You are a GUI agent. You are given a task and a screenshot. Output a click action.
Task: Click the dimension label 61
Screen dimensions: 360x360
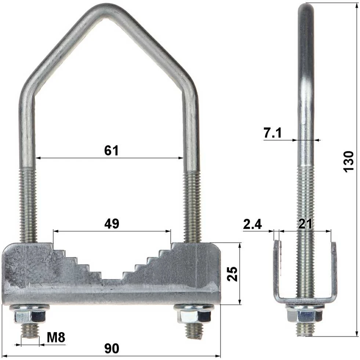click(x=111, y=151)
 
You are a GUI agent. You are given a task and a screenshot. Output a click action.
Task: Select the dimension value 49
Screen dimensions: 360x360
click(x=112, y=224)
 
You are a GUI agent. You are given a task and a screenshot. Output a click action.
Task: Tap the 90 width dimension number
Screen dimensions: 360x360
click(x=112, y=348)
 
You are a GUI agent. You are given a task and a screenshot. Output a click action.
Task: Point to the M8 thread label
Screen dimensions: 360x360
click(x=56, y=337)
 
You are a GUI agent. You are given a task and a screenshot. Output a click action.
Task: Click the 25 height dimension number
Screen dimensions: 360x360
click(x=232, y=274)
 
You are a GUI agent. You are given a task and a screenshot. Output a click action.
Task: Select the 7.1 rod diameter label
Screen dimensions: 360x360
click(x=273, y=133)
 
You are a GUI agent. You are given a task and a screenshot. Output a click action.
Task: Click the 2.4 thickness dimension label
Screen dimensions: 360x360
click(x=252, y=224)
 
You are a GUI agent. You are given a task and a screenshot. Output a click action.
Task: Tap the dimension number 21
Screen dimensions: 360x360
click(x=305, y=224)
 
